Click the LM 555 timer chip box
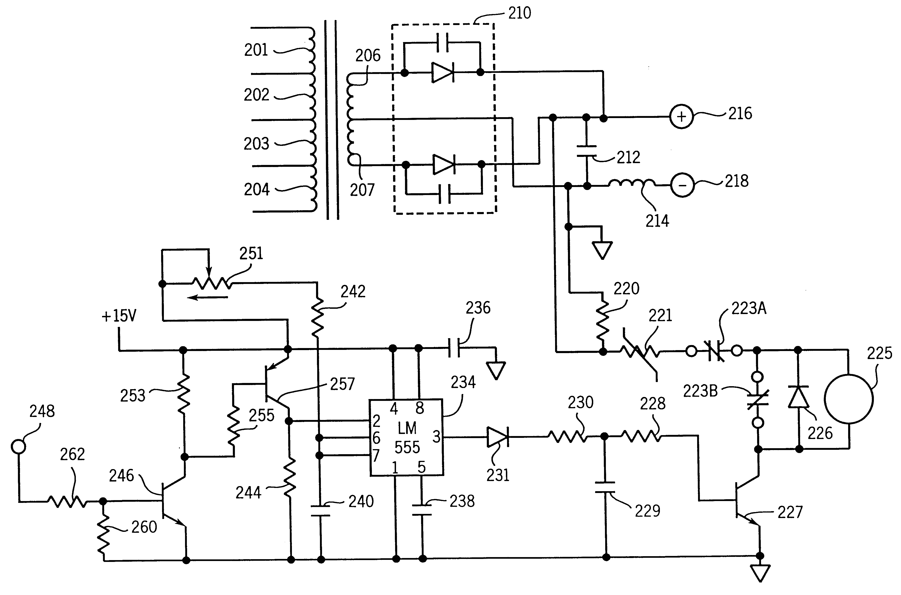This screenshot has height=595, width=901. pyautogui.click(x=406, y=437)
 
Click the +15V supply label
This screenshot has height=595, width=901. pyautogui.click(x=119, y=316)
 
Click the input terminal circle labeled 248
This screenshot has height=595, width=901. pyautogui.click(x=18, y=446)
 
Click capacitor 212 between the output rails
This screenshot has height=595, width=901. pyautogui.click(x=587, y=151)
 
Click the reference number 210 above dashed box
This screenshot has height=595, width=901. pyautogui.click(x=519, y=13)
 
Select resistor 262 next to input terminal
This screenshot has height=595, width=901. pyautogui.click(x=66, y=502)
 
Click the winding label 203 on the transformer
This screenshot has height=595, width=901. pyautogui.click(x=256, y=144)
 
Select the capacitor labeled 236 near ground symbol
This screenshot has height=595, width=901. pyautogui.click(x=454, y=348)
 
